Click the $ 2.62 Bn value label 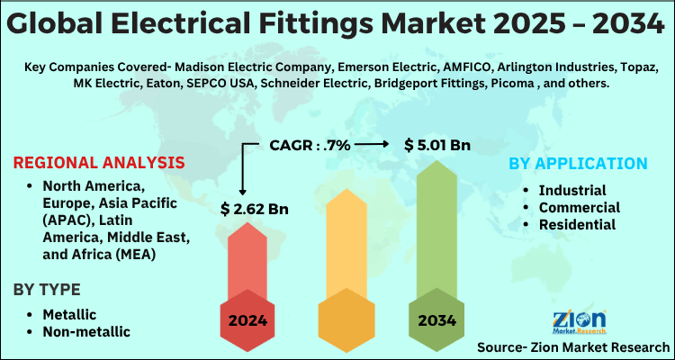pyautogui.click(x=255, y=210)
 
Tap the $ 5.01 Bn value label pyautogui.click(x=436, y=144)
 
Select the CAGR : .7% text pyautogui.click(x=310, y=144)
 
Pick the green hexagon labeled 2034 pyautogui.click(x=436, y=319)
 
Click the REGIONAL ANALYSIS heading pyautogui.click(x=99, y=163)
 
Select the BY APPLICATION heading pyautogui.click(x=578, y=163)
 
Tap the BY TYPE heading pyautogui.click(x=59, y=290)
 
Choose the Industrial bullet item pyautogui.click(x=571, y=190)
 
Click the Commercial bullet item pyautogui.click(x=579, y=207)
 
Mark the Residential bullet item pyautogui.click(x=577, y=224)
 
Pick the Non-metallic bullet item pyautogui.click(x=85, y=331)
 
